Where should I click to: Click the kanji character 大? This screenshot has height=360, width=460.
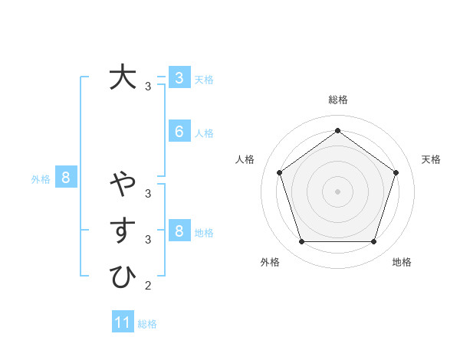(123, 77)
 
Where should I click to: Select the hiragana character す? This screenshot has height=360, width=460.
(123, 231)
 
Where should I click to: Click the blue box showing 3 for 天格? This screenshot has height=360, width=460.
(179, 78)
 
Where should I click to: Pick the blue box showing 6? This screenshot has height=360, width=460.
(179, 132)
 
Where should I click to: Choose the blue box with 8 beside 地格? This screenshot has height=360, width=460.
(179, 231)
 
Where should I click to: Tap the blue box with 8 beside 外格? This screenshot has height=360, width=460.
(66, 178)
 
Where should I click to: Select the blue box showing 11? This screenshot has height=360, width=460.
(123, 322)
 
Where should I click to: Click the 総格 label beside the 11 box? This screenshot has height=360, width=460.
(147, 324)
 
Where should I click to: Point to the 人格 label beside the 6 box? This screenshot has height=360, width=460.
(204, 133)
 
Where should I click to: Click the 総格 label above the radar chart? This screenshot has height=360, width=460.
(337, 100)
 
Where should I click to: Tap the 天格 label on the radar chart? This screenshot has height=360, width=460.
(431, 159)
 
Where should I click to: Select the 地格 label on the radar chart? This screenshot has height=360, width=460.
(402, 262)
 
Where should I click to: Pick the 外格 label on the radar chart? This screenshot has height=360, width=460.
(270, 262)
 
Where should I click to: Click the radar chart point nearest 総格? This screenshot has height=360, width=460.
(337, 130)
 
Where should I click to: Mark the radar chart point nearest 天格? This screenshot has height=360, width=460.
(396, 172)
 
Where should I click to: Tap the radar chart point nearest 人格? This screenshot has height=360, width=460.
(279, 172)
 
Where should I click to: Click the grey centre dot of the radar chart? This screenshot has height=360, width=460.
(337, 191)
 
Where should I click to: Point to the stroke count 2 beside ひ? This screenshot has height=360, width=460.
(147, 286)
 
